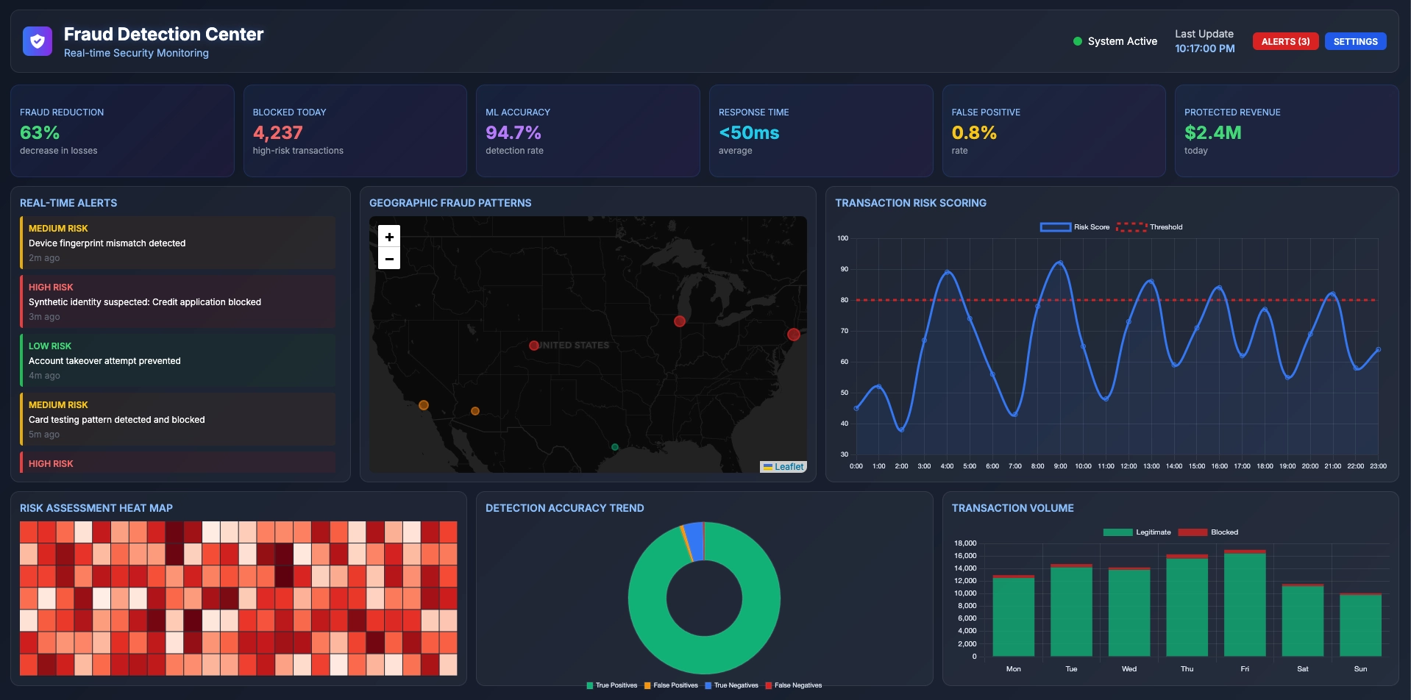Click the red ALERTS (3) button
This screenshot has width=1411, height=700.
[x=1284, y=42]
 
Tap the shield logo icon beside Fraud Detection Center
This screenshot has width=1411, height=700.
[x=38, y=42]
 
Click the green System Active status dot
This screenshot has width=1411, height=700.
[x=1077, y=42]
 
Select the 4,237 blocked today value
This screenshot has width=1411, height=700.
[x=277, y=133]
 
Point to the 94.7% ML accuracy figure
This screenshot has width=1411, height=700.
[x=513, y=133]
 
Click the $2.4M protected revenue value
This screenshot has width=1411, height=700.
[x=1212, y=133]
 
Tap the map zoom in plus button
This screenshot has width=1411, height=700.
[x=389, y=237]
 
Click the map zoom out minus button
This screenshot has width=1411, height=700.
[x=389, y=259]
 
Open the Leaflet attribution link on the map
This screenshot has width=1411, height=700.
[x=788, y=467]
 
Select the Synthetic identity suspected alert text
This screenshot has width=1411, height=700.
[x=145, y=302]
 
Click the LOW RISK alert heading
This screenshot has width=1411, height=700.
[x=50, y=346]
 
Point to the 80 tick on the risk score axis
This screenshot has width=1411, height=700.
[x=844, y=300]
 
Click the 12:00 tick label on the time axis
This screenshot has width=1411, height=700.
[x=1128, y=466]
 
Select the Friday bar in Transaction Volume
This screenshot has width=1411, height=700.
[x=1244, y=603]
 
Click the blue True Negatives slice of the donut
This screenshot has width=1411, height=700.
[x=693, y=541]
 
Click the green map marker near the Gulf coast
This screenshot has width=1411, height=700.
[x=615, y=447]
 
